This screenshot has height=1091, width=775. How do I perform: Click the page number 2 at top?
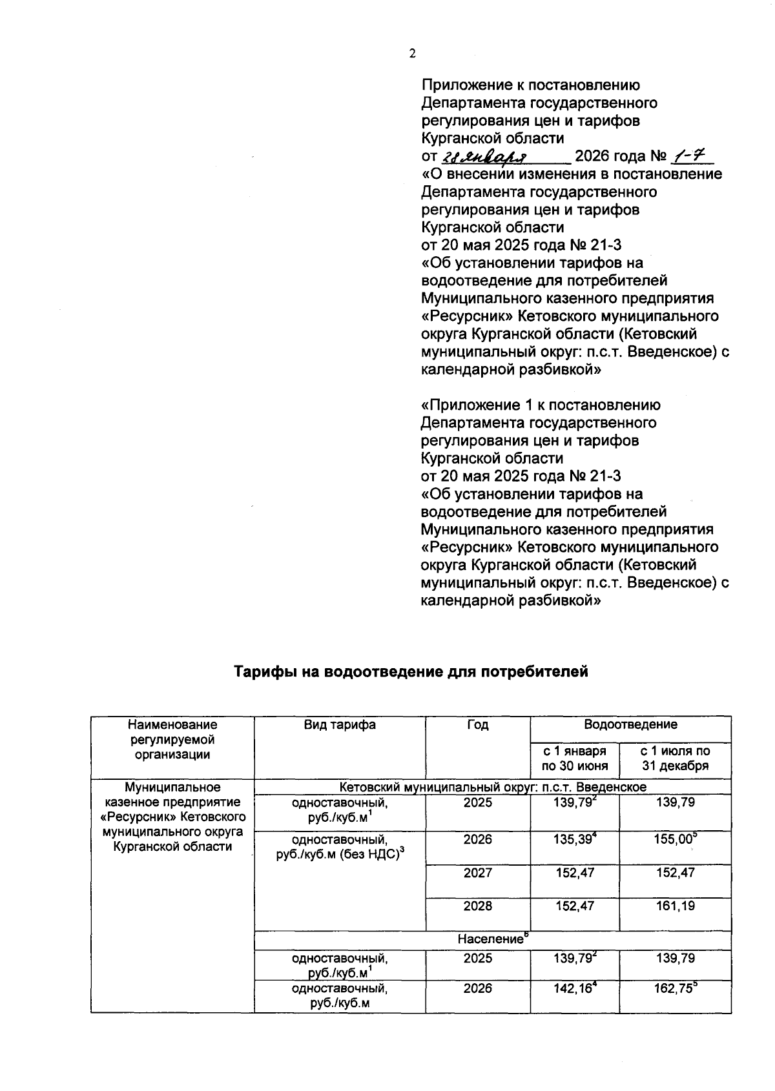click(412, 54)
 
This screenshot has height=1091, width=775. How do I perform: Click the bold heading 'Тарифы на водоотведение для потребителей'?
click(411, 672)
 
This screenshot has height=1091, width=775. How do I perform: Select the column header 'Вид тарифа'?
click(340, 725)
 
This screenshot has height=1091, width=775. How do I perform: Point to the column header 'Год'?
click(477, 725)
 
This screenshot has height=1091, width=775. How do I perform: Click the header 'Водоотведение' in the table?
click(630, 725)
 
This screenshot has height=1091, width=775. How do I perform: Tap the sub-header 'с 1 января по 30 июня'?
click(574, 759)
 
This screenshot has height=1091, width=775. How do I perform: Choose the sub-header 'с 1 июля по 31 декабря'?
click(675, 759)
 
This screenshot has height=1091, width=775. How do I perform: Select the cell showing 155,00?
click(675, 840)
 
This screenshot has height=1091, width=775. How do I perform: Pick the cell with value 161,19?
click(675, 906)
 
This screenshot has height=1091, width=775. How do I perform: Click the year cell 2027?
click(477, 873)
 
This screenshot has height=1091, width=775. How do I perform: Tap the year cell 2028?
click(477, 906)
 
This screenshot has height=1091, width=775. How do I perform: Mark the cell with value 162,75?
click(675, 989)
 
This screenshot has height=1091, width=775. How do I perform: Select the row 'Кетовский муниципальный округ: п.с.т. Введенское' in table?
click(492, 788)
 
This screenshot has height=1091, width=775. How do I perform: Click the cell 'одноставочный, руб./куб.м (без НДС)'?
click(340, 847)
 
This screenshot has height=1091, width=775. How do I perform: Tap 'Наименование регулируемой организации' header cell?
click(172, 740)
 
